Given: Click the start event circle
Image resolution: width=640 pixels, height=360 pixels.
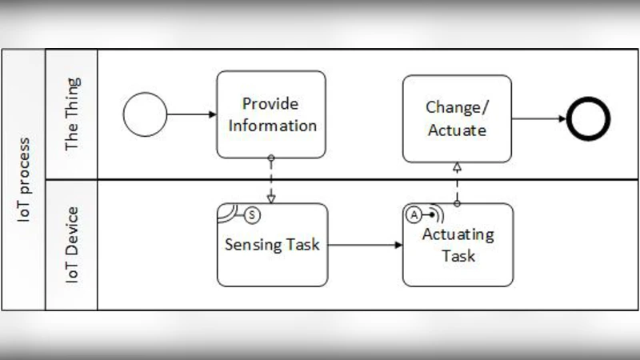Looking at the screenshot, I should click(145, 114).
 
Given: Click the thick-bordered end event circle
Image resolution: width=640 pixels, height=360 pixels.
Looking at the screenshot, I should click(588, 119).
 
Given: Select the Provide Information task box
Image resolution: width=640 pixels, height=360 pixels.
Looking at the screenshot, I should click(271, 114).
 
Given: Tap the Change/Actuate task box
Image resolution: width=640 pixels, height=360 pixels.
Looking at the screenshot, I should click(457, 118).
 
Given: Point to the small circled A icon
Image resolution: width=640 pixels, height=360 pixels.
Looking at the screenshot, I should click(414, 214).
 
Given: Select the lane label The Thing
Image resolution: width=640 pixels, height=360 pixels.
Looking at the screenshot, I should click(72, 114).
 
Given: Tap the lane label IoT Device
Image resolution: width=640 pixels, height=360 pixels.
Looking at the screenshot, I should click(72, 245).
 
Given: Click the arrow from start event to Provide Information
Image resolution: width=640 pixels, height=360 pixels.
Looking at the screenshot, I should click(192, 114).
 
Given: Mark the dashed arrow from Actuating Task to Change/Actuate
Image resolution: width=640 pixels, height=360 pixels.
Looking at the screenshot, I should click(457, 182).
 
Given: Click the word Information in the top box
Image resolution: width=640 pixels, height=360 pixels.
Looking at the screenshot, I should click(271, 126).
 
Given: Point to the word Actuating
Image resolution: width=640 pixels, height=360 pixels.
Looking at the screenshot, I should click(458, 235).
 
